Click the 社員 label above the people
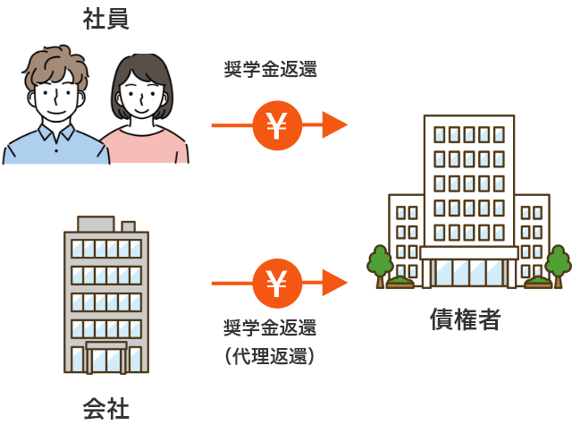[105, 20]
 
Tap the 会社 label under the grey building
[105, 409]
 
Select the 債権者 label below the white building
[465, 319]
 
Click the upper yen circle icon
[276, 126]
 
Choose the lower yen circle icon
[276, 284]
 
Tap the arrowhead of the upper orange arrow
[334, 126]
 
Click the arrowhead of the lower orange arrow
[334, 284]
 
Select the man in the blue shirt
[55, 134]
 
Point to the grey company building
[106, 295]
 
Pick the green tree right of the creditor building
[558, 262]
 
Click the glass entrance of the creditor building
[469, 273]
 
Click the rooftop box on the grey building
[96, 223]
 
